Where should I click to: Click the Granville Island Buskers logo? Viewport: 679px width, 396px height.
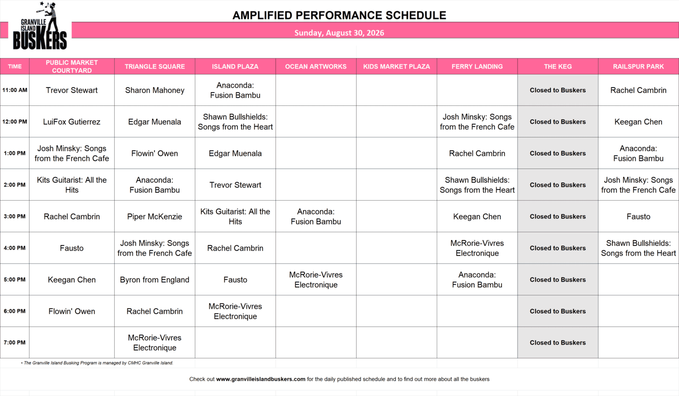40,25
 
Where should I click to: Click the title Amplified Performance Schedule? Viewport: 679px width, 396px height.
339,15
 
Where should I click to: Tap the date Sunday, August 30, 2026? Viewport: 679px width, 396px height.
339,33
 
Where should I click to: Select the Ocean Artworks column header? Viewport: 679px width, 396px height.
316,66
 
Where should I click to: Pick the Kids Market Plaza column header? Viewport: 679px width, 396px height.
396,66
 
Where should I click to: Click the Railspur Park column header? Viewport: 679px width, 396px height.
638,66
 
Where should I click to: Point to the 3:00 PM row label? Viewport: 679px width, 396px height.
15,216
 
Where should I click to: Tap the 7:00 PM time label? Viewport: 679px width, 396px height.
15,342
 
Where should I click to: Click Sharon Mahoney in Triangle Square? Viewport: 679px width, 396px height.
155,90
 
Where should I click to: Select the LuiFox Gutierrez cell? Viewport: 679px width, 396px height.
71,122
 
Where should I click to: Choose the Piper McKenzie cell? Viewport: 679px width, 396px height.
155,216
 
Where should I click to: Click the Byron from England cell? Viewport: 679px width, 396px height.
155,279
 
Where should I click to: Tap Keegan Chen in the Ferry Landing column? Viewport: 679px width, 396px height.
477,216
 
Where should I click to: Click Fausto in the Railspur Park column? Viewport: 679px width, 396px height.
638,216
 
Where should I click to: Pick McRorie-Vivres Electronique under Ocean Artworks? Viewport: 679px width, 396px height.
316,279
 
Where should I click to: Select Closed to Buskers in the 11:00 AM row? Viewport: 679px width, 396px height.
558,90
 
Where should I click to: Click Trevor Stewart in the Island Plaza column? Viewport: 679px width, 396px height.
235,185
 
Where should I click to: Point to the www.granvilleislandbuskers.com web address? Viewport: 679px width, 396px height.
261,379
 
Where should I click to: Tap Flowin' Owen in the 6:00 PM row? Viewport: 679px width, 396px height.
71,311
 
